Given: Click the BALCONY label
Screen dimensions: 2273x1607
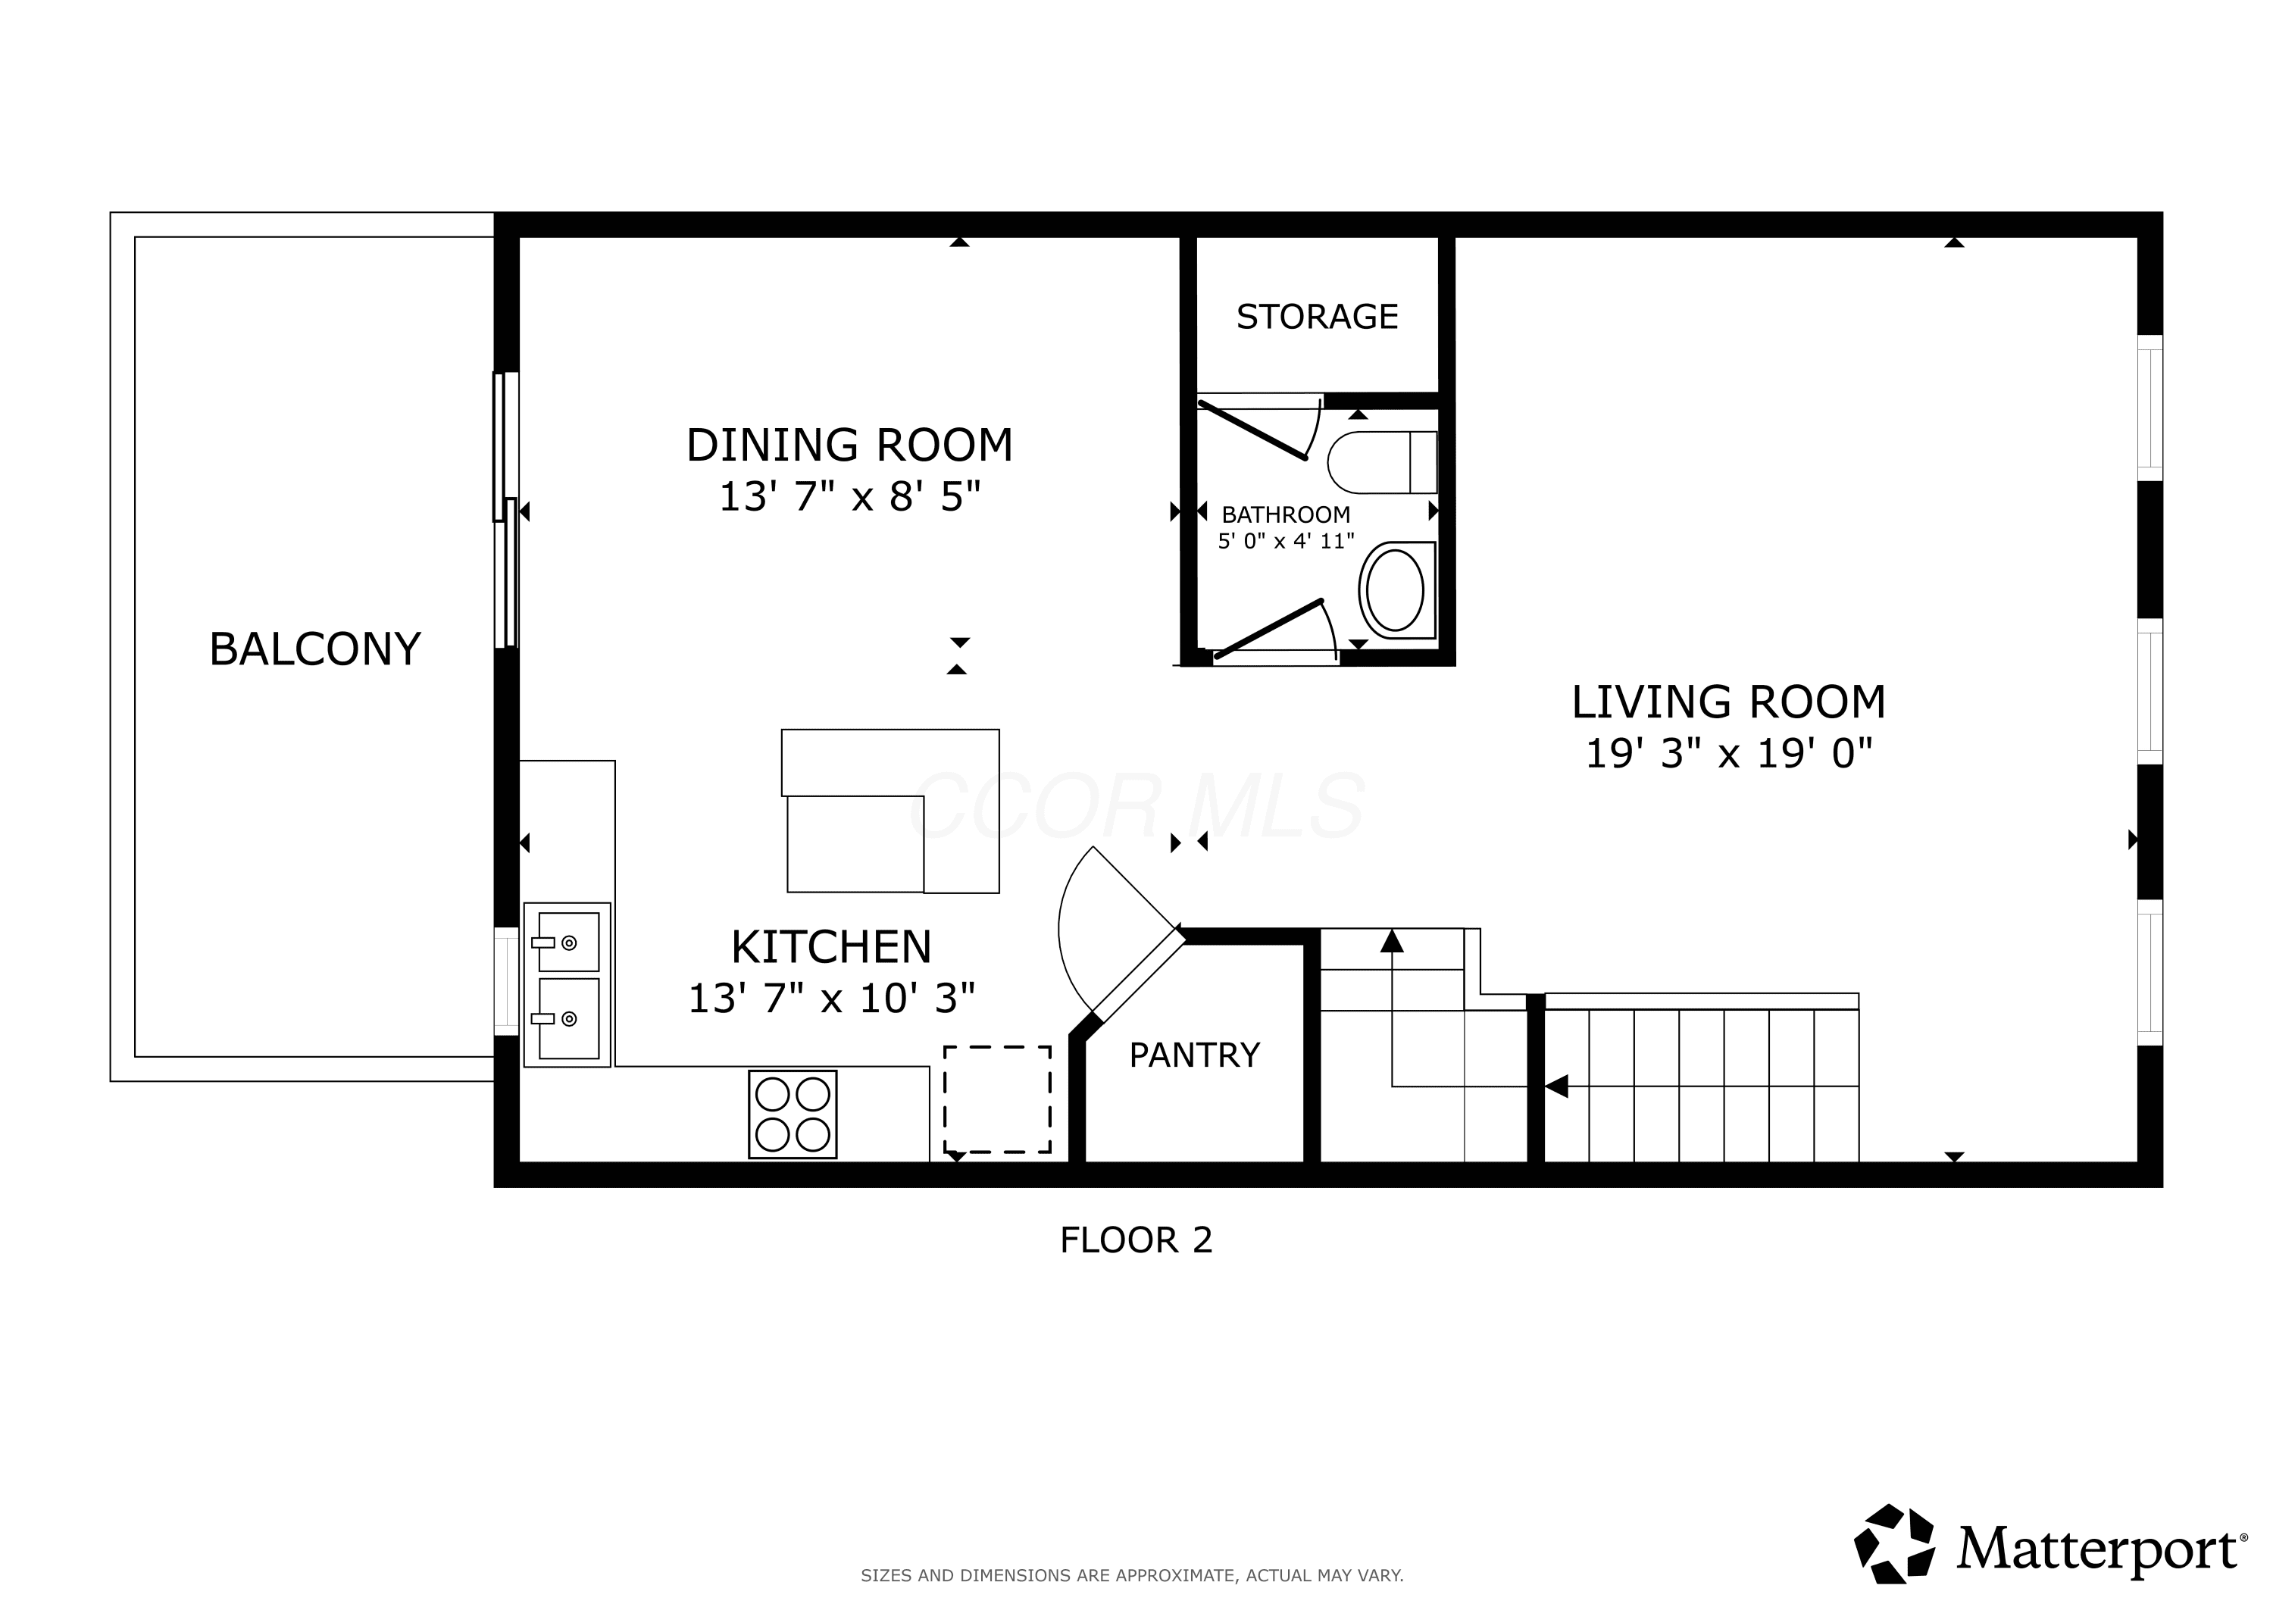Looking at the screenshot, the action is [315, 649].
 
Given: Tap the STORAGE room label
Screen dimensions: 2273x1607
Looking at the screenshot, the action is [1317, 317].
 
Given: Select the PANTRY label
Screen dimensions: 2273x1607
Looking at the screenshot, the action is [1194, 1055].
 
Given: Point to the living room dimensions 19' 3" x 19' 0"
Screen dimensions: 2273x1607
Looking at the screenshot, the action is [1728, 754].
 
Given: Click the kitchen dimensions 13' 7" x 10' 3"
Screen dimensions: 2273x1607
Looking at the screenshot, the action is [832, 998].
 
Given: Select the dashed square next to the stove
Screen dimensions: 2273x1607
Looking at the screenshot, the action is [997, 1099].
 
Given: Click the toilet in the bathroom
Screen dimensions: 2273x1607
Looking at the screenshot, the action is [1382, 462].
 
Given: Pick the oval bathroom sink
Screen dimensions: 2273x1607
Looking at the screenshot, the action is [1396, 590].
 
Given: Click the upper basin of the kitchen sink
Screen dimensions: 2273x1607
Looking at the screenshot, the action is [568, 942].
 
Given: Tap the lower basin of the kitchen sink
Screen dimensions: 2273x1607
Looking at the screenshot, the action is [568, 1018].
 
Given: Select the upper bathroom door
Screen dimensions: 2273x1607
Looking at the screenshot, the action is [1253, 430].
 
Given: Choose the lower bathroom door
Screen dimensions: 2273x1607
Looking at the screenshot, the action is [1269, 629].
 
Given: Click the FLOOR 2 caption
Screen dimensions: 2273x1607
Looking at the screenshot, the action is [1136, 1240].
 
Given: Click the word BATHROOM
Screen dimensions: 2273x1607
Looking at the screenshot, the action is [1286, 515].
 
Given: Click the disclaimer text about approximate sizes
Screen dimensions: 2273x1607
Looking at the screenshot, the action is [1131, 1575].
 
